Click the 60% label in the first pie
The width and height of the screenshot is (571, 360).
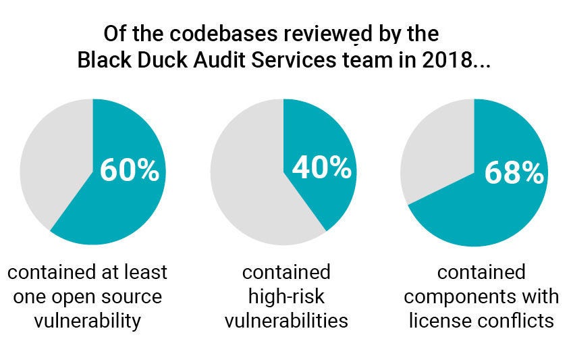point(129,170)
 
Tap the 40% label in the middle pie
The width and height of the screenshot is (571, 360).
point(321,168)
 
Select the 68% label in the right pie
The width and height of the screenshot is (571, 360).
point(514,173)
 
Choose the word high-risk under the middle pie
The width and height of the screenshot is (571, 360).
point(286,296)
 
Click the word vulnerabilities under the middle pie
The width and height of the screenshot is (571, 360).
point(286,319)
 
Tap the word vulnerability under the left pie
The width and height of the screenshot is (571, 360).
point(88,319)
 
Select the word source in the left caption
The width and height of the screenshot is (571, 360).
point(130,296)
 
